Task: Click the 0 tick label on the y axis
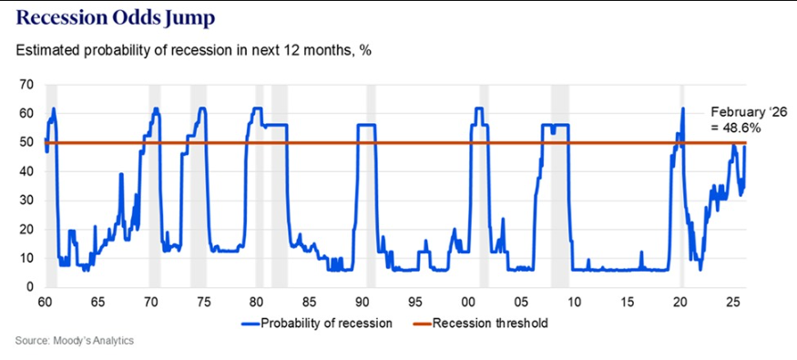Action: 29,287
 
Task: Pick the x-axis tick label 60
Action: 45,302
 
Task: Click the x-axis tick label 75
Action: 203,302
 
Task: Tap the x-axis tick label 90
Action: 363,302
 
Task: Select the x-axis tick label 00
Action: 468,302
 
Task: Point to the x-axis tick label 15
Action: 628,302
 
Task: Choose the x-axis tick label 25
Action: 733,302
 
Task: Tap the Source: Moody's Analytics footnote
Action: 75,341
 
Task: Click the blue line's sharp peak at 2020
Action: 683,108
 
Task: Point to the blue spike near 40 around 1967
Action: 121,174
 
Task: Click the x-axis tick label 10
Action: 574,302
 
